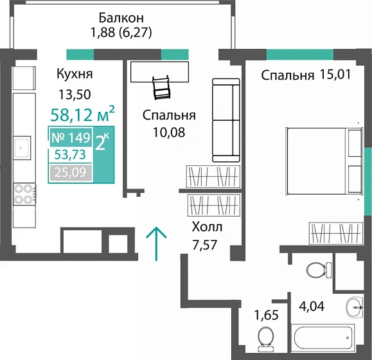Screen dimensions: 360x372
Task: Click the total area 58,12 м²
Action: [82, 116]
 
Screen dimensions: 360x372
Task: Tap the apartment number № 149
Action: [70, 138]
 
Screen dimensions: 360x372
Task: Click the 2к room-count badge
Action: [102, 142]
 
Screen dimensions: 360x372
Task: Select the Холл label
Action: [207, 226]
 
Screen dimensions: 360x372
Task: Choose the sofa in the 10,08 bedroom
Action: [225, 121]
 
